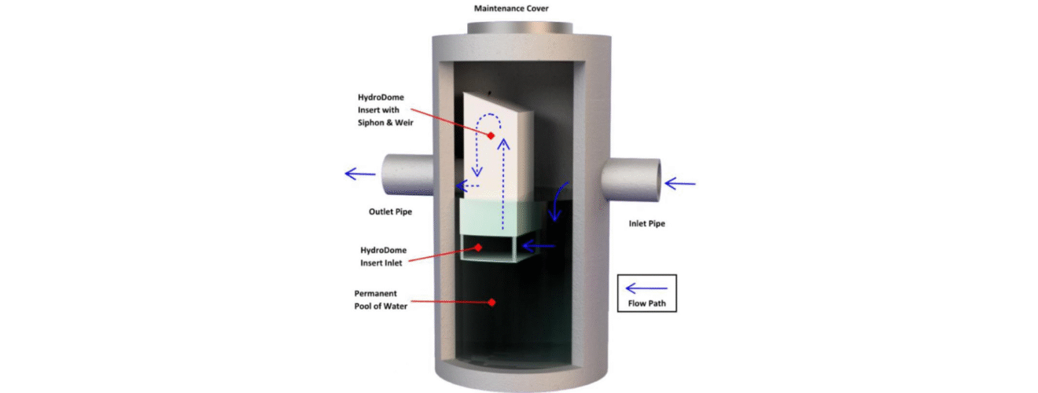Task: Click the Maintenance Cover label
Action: [510, 9]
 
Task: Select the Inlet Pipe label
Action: [646, 224]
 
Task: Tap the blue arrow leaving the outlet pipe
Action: [360, 174]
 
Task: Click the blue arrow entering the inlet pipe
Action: [680, 184]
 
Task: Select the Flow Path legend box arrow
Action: [646, 288]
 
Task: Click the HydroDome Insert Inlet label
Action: [385, 256]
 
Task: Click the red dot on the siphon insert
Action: [490, 136]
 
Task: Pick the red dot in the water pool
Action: [491, 302]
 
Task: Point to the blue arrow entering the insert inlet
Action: [539, 247]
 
